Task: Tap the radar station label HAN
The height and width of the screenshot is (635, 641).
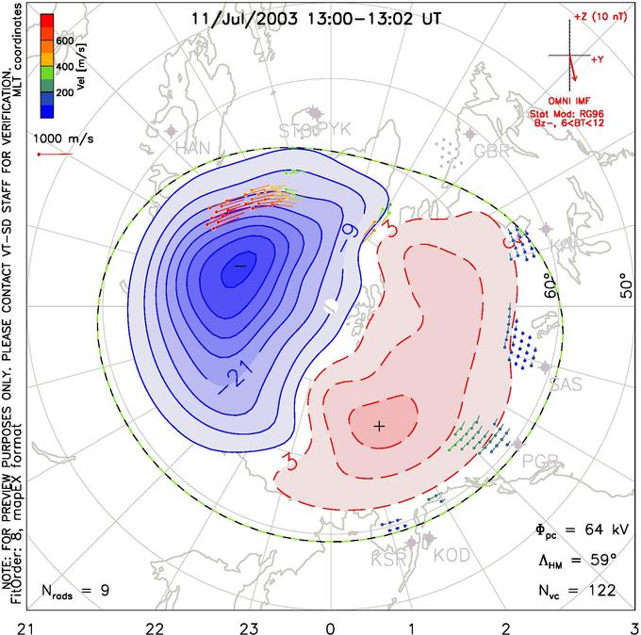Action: [193, 149]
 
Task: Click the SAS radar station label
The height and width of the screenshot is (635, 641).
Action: [566, 385]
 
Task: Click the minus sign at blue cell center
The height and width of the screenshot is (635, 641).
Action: [239, 267]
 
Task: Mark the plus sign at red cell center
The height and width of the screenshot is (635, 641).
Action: [379, 426]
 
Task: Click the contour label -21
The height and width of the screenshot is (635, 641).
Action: [239, 379]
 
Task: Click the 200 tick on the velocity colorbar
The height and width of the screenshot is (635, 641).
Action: [66, 94]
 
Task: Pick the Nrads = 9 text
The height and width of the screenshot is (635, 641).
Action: [76, 592]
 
